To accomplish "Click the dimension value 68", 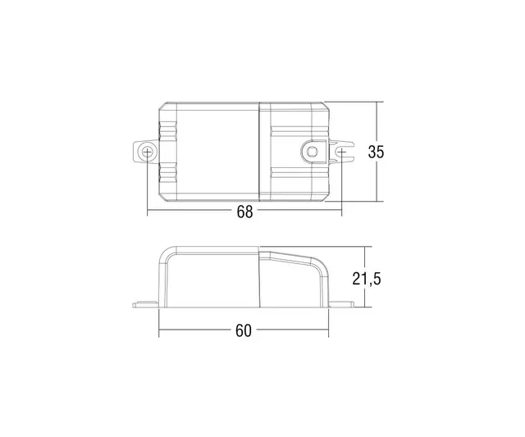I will click(244, 212).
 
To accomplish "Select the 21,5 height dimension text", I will click(367, 278).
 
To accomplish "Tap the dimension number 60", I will click(243, 331).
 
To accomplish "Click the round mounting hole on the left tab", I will click(147, 152).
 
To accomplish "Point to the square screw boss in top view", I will click(313, 151).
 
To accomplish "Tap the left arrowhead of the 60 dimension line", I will click(162, 331).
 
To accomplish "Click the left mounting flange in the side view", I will click(145, 305).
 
